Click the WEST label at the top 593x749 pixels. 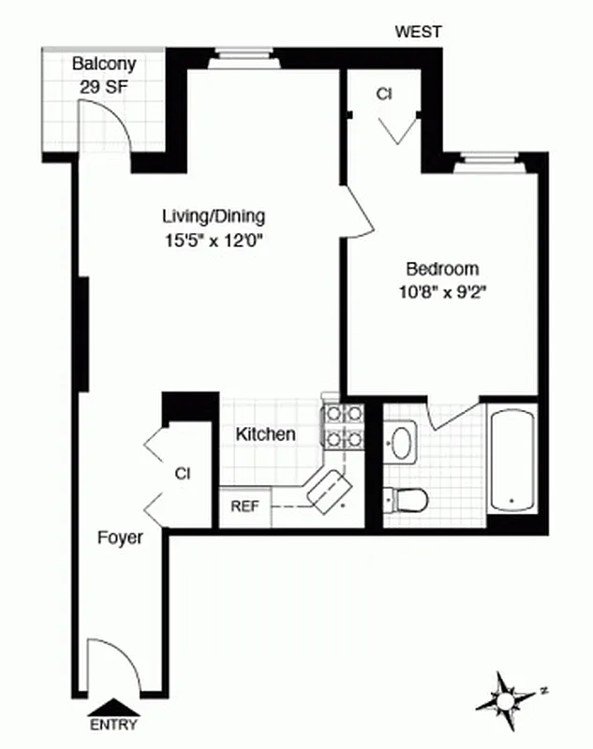[x=418, y=32]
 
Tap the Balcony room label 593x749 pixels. [x=104, y=65]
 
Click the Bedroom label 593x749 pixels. [x=441, y=266]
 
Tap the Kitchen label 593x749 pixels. [x=265, y=434]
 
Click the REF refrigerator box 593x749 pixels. [x=245, y=507]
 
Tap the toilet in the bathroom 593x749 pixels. [x=409, y=500]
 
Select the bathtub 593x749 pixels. [x=512, y=459]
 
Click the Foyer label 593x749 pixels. [x=121, y=538]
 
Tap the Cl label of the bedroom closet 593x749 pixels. [x=383, y=94]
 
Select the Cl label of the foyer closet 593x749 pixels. [x=182, y=474]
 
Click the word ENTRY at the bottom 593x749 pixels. [x=113, y=725]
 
